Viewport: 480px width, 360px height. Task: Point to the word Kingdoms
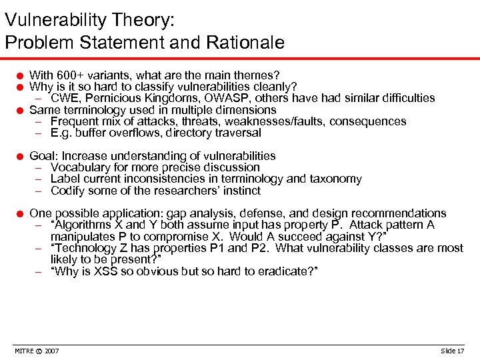click(171, 98)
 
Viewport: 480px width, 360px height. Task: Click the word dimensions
click(245, 110)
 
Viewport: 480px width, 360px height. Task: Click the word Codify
click(69, 191)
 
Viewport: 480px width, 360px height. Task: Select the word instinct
click(239, 191)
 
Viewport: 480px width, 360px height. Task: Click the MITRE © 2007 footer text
click(37, 351)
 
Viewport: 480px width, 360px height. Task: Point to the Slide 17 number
click(452, 351)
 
